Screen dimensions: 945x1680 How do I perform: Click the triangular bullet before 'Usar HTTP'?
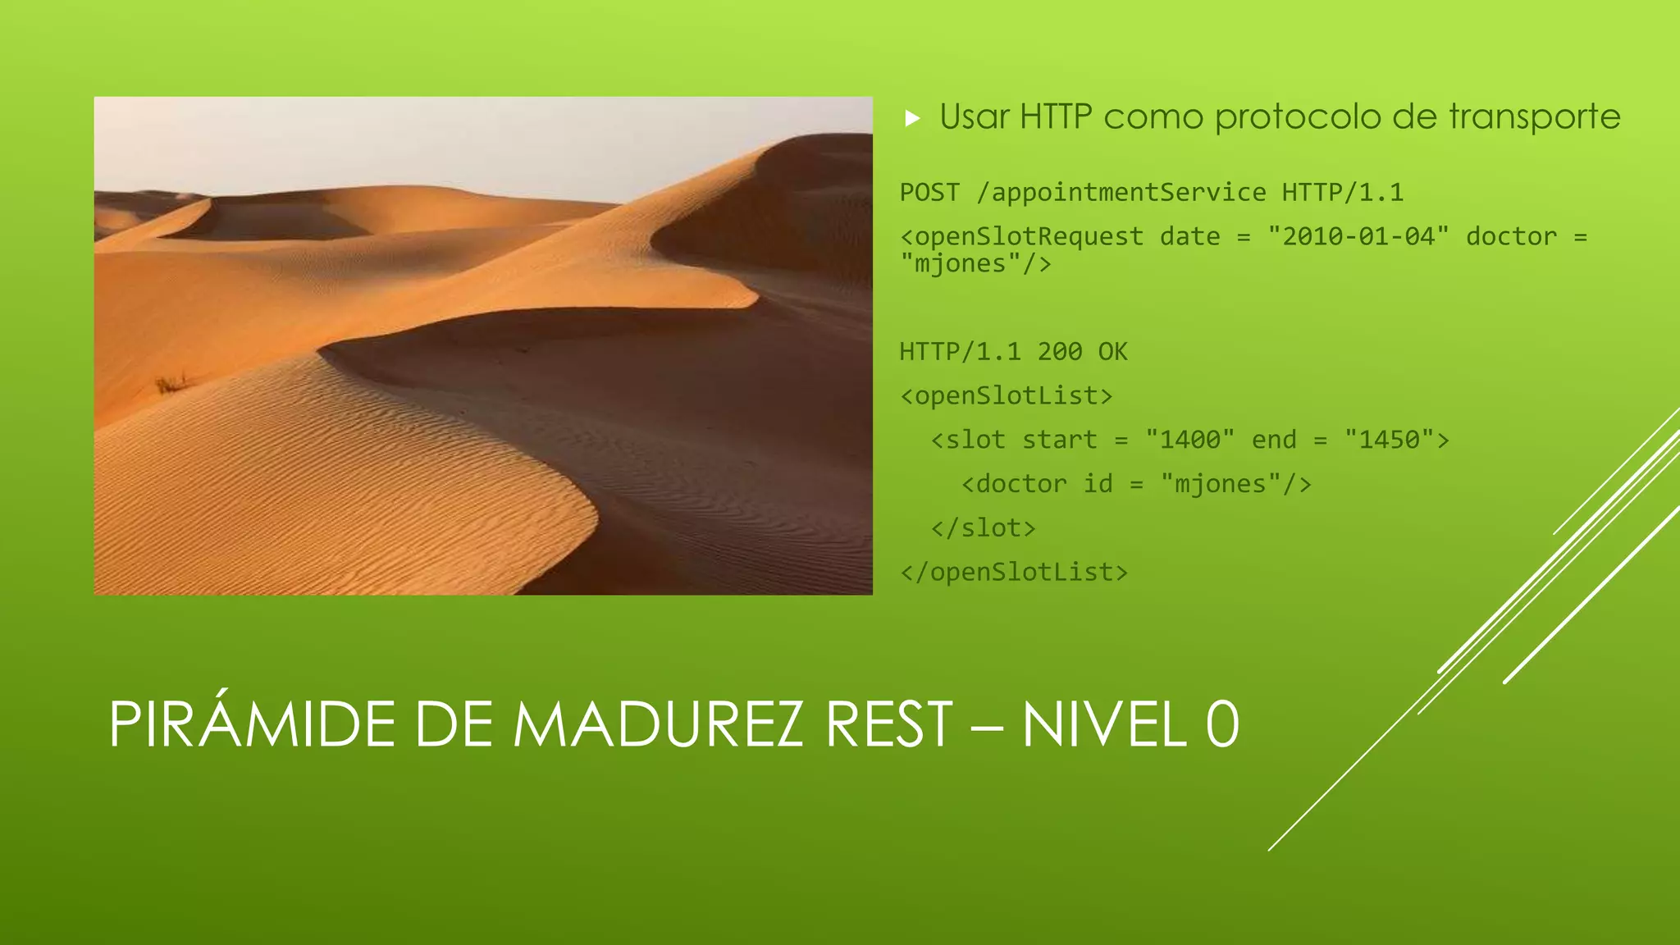click(912, 119)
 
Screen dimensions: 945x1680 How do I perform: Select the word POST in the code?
click(929, 193)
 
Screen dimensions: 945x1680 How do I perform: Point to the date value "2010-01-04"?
click(1358, 236)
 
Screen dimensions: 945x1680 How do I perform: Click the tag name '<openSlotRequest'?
click(1021, 236)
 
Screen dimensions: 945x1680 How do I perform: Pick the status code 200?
click(1059, 352)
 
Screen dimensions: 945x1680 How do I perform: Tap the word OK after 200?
click(1112, 352)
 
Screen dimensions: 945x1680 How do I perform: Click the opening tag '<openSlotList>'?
click(1007, 396)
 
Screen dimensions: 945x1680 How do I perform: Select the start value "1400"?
click(1189, 440)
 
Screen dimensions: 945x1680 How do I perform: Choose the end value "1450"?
click(1389, 440)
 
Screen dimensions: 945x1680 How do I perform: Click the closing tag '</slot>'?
click(984, 528)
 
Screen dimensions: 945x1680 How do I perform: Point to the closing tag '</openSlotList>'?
click(1014, 572)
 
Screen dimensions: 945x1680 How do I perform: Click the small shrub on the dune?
click(171, 383)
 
